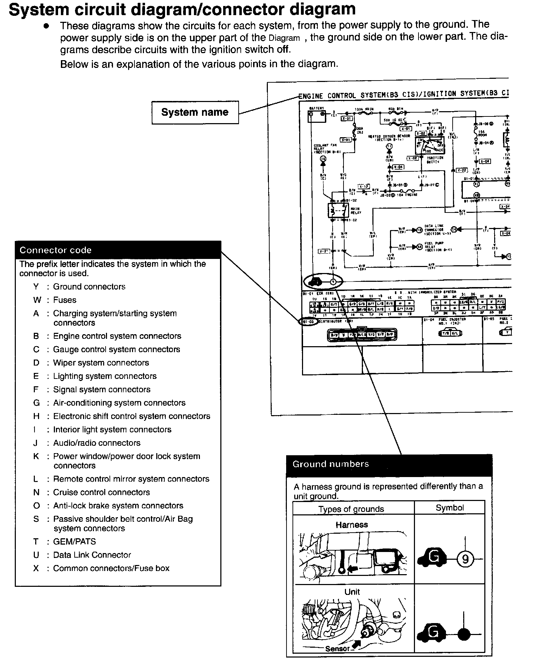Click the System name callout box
[x=195, y=112]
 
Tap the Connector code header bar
[x=118, y=250]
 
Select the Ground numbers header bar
[x=389, y=464]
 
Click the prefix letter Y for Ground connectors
[x=36, y=287]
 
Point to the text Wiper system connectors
[x=101, y=363]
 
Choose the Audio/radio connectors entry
[x=97, y=443]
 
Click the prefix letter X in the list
[x=36, y=568]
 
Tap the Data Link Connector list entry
[x=92, y=555]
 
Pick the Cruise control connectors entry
[x=101, y=492]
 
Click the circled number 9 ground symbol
[x=465, y=559]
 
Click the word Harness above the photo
[x=352, y=525]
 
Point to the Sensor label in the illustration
[x=337, y=649]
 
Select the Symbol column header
[x=449, y=508]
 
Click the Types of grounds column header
[x=351, y=509]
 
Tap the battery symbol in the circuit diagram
[x=314, y=116]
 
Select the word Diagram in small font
[x=284, y=38]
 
